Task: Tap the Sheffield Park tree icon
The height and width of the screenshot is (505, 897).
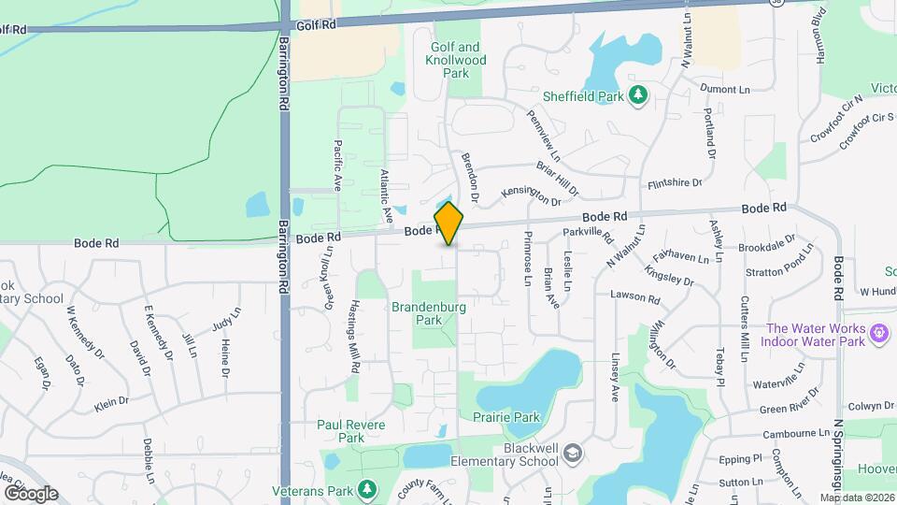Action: [x=638, y=94]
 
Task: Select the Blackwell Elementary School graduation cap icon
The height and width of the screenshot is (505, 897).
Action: [x=572, y=454]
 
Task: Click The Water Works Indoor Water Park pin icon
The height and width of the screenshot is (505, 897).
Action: [x=878, y=332]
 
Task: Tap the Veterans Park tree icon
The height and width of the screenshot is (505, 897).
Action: [x=367, y=489]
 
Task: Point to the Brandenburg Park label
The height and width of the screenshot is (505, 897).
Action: [x=428, y=312]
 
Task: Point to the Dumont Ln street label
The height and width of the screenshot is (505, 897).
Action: [x=726, y=88]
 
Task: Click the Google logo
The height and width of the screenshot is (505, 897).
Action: [x=31, y=494]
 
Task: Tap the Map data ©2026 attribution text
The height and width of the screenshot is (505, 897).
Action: [x=856, y=498]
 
